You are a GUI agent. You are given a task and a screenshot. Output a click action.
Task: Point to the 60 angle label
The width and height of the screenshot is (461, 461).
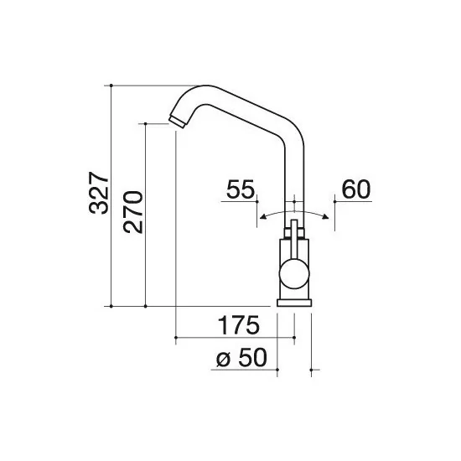point(356,190)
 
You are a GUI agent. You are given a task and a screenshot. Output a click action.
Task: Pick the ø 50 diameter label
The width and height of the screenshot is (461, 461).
point(241,357)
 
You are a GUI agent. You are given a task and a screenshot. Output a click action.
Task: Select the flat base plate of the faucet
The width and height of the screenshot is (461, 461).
point(294,300)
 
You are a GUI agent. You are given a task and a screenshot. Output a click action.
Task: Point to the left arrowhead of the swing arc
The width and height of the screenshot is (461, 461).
point(262,217)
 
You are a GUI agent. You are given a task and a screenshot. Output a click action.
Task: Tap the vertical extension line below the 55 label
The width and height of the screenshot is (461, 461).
point(256,214)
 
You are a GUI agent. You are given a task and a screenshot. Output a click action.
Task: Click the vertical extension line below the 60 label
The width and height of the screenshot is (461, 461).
point(333,214)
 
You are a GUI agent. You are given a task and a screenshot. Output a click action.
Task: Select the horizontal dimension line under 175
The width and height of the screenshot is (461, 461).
point(235,338)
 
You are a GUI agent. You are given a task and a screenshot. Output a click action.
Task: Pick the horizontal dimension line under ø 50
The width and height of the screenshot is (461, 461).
point(251,369)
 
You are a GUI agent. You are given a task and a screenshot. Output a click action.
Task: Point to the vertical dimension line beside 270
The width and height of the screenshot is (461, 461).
point(146,214)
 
